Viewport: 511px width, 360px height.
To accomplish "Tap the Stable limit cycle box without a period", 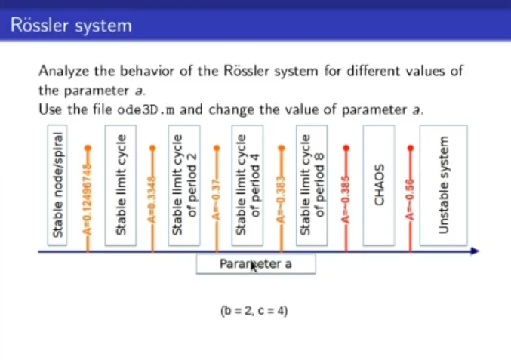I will point(121,185).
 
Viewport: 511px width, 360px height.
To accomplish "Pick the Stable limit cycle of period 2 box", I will point(184,185).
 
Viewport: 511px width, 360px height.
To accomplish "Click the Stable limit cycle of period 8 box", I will point(312,185).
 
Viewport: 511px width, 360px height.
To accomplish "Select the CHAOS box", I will point(379,185).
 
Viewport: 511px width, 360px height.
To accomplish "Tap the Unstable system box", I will point(443,185).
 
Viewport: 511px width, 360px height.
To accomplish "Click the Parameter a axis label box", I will point(255,264).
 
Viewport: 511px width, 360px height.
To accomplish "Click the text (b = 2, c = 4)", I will point(255,310).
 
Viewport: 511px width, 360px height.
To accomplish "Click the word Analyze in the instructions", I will point(63,72).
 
